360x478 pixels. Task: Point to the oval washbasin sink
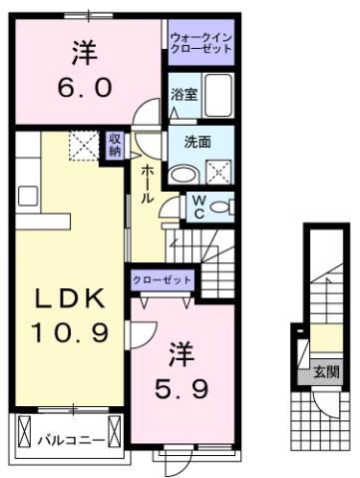[180, 173]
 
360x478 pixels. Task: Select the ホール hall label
[147, 186]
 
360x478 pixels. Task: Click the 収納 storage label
[116, 145]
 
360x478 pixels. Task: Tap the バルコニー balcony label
[70, 437]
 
